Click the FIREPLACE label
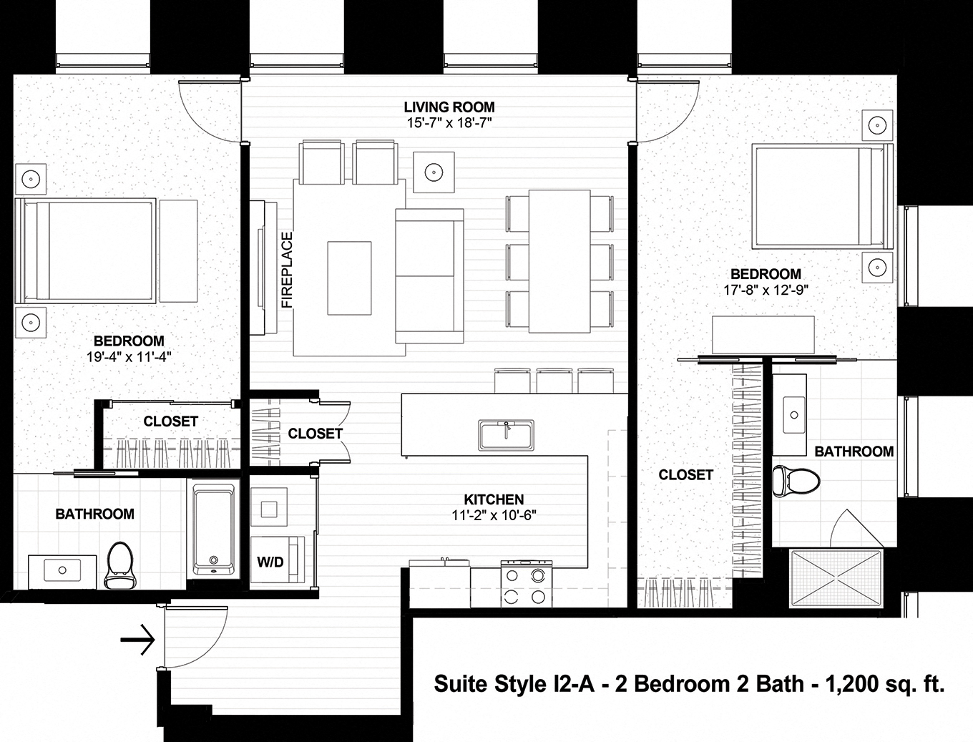coord(287,270)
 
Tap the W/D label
coord(270,562)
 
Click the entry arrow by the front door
coord(138,640)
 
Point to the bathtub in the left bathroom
coord(213,530)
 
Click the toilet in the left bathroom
coord(118,565)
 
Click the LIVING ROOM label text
coord(449,107)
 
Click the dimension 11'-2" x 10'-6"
coord(494,514)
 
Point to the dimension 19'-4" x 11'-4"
coord(129,356)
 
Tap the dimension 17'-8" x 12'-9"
coord(765,289)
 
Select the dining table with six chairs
coord(559,261)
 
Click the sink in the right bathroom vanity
coord(793,414)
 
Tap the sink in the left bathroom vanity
coord(62,570)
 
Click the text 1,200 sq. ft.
coord(885,684)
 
